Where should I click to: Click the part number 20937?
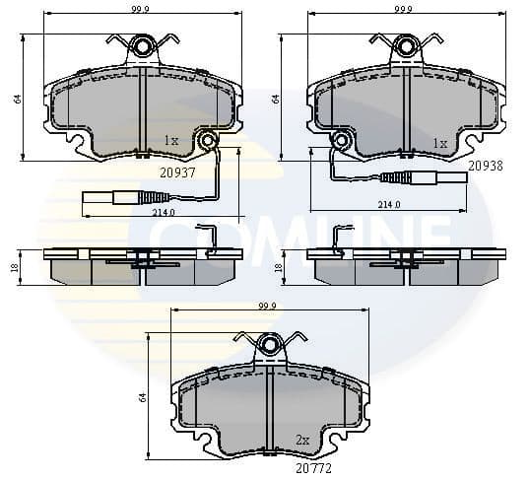pyautogui.click(x=178, y=171)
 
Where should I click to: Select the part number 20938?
pyautogui.click(x=486, y=167)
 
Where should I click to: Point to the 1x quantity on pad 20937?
pyautogui.click(x=171, y=141)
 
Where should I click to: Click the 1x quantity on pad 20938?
pyautogui.click(x=439, y=143)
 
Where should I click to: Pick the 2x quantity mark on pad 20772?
pyautogui.click(x=303, y=440)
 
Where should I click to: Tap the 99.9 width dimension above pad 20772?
pyautogui.click(x=266, y=306)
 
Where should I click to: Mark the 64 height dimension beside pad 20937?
pyautogui.click(x=17, y=98)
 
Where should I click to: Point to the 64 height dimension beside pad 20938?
pyautogui.click(x=277, y=98)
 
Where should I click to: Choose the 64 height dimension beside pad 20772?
pyautogui.click(x=143, y=396)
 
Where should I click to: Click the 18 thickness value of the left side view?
pyautogui.click(x=17, y=266)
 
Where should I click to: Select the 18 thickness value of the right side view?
pyautogui.click(x=279, y=266)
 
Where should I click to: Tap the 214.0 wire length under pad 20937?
pyautogui.click(x=164, y=212)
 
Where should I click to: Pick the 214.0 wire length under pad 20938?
pyautogui.click(x=389, y=204)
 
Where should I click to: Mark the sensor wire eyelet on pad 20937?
pyautogui.click(x=208, y=143)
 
